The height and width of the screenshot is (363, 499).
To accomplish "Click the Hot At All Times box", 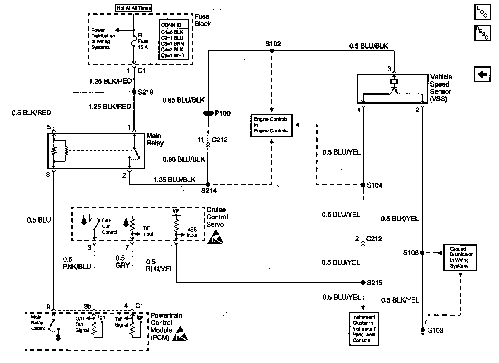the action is coord(134,8).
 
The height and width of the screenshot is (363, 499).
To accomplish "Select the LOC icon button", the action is coord(482,12).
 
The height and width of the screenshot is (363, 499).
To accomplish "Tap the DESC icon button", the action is coord(482,33).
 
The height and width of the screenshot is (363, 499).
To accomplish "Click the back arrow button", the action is coord(482,74).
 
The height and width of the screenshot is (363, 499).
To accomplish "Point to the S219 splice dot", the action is coord(134,92).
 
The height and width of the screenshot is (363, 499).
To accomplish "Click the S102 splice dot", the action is coord(272,51).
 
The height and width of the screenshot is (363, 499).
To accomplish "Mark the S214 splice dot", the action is coord(208,184).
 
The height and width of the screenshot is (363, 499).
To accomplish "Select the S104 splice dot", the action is coord(363,185).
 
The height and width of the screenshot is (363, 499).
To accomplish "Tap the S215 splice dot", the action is coord(363,283).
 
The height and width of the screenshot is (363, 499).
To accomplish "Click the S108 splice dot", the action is coord(422,253).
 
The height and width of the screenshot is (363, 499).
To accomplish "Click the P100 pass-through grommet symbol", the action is coord(208,113).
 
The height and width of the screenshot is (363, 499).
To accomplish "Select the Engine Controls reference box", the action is coord(271,125).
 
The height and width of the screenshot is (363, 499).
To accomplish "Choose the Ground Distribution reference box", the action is coord(460,257).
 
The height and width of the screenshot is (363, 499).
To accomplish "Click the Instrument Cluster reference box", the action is coord(364,329).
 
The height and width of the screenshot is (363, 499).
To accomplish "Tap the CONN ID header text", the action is coord(171,25).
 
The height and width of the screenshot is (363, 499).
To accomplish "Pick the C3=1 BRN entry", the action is coord(172,44).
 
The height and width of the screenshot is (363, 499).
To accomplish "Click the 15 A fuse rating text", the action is coord(143,47).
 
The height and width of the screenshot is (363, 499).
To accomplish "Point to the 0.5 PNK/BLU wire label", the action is coord(77,263).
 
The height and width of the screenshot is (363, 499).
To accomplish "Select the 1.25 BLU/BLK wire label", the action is coord(174,180).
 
